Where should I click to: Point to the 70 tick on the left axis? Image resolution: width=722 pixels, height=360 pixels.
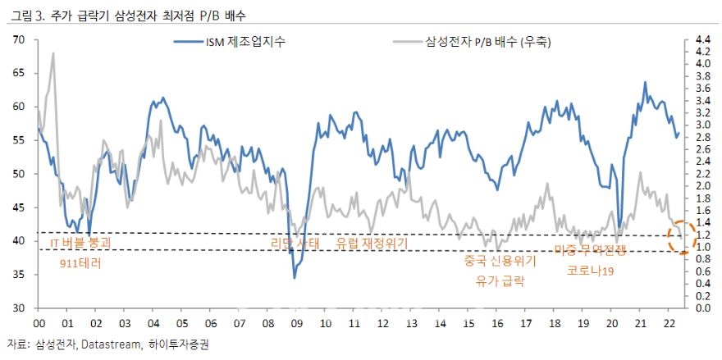pos(18,39)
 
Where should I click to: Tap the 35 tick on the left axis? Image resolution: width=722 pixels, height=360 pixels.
pos(18,275)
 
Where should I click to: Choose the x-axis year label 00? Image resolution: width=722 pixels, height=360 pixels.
pos(39,323)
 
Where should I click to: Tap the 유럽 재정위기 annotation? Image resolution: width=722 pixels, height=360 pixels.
pos(372,244)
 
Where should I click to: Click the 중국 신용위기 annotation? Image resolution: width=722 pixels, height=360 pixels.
pos(500,262)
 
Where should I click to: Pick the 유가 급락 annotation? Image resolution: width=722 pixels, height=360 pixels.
pos(500,280)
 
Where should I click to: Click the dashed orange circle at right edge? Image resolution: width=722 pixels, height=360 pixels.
pos(678,239)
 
